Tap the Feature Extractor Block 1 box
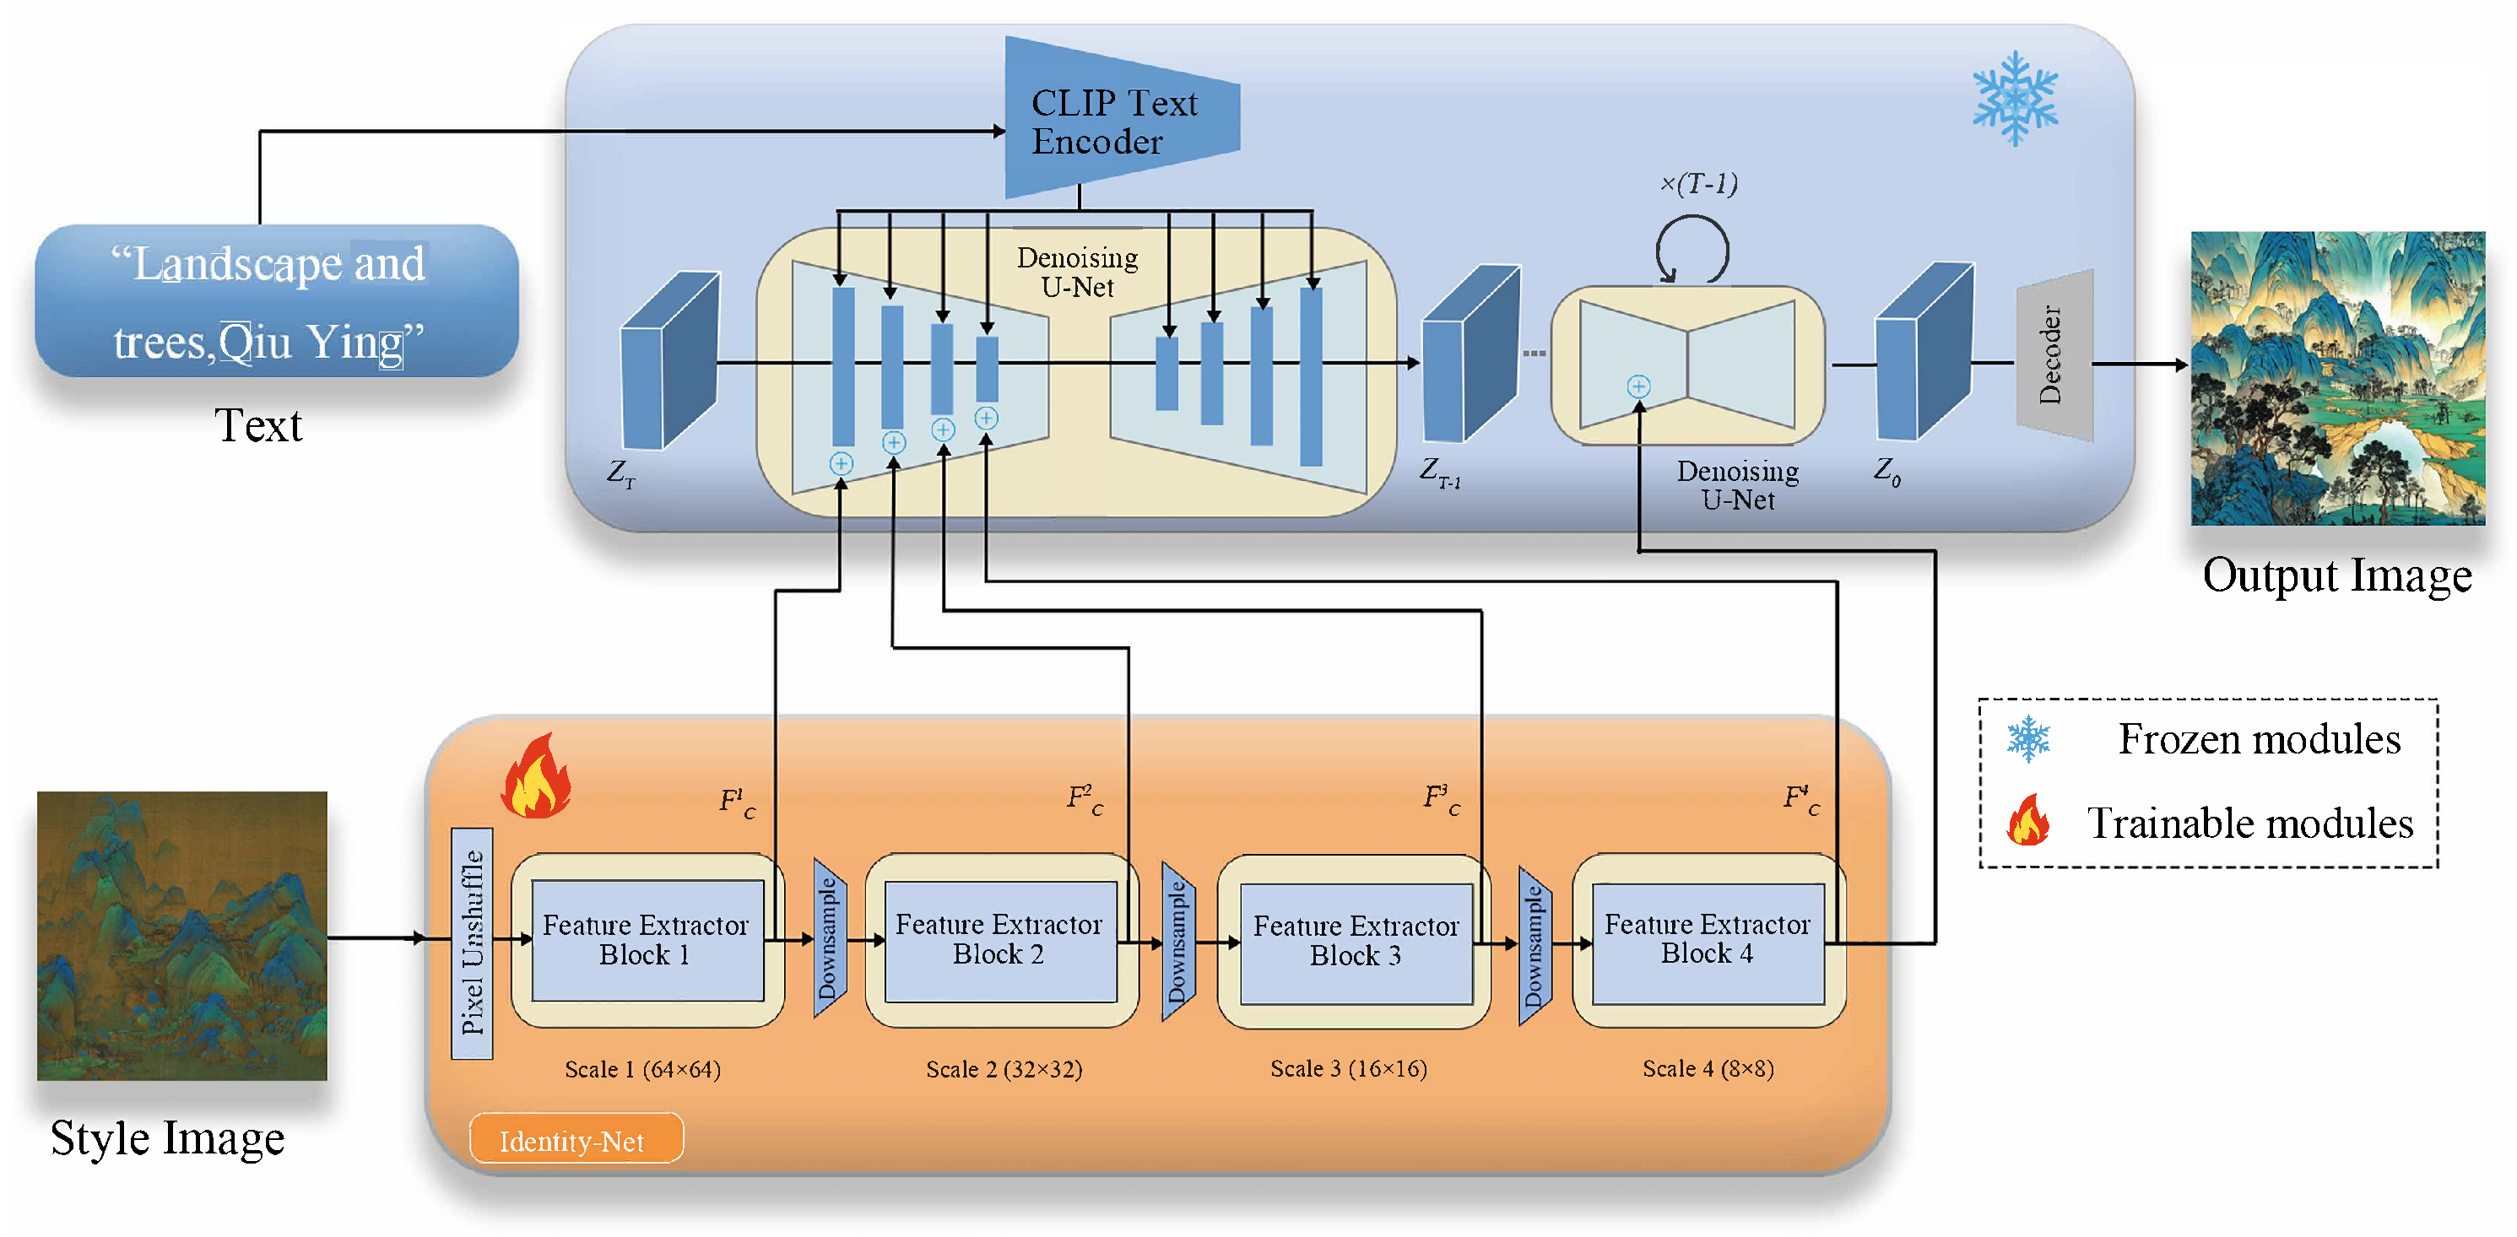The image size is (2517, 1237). (646, 940)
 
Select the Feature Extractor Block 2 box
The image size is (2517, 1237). (999, 940)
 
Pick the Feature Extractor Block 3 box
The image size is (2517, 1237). (1356, 942)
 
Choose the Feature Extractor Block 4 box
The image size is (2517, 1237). (1707, 940)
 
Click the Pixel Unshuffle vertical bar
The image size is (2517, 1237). (472, 943)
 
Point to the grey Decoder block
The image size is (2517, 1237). (2054, 356)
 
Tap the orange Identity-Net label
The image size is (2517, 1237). (576, 1139)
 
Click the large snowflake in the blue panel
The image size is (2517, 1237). (2015, 98)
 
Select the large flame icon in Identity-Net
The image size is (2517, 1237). (537, 778)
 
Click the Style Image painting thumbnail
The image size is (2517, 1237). (181, 935)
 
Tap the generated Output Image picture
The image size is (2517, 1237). (2336, 378)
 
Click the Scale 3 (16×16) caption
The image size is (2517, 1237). (1349, 1069)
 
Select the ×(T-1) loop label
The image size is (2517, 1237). (1698, 184)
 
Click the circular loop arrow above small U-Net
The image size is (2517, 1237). (1692, 250)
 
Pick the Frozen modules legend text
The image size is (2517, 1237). (2258, 740)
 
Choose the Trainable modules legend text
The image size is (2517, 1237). (2249, 824)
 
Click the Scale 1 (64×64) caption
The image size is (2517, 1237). (643, 1070)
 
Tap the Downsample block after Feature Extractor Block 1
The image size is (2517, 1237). (829, 939)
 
